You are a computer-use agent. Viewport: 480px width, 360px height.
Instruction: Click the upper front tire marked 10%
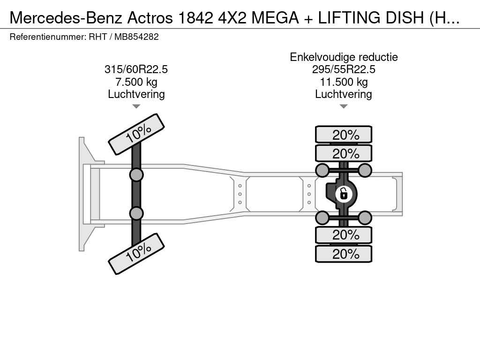pos(136,135)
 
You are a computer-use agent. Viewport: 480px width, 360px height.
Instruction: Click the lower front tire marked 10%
pos(136,254)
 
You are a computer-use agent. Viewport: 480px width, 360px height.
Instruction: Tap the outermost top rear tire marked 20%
pos(344,135)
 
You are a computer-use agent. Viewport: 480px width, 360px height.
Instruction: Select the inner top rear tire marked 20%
pos(344,153)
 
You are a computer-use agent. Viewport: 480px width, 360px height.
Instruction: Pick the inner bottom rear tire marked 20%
pos(344,235)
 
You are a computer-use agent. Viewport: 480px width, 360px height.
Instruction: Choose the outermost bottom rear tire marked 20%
pos(344,254)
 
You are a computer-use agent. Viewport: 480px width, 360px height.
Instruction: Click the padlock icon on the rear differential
pos(344,193)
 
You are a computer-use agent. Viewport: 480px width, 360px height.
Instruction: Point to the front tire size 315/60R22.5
pos(136,69)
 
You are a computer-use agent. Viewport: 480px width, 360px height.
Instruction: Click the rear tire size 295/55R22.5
pos(344,69)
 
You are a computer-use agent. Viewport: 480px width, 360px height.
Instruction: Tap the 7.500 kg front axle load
pos(136,82)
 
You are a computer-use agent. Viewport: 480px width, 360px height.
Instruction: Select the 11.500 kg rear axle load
pos(344,82)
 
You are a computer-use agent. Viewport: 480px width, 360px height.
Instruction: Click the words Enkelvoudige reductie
pos(344,57)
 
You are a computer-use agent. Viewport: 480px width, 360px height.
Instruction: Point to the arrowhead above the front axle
pos(136,106)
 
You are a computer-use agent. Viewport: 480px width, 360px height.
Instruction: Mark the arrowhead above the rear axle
pos(344,106)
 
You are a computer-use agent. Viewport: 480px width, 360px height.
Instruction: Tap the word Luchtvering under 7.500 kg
pos(136,94)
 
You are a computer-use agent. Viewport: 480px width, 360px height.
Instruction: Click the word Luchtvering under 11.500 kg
pos(344,94)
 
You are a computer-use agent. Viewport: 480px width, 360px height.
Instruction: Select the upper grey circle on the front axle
pos(136,175)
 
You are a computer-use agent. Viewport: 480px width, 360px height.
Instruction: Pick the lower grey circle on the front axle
pos(136,213)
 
